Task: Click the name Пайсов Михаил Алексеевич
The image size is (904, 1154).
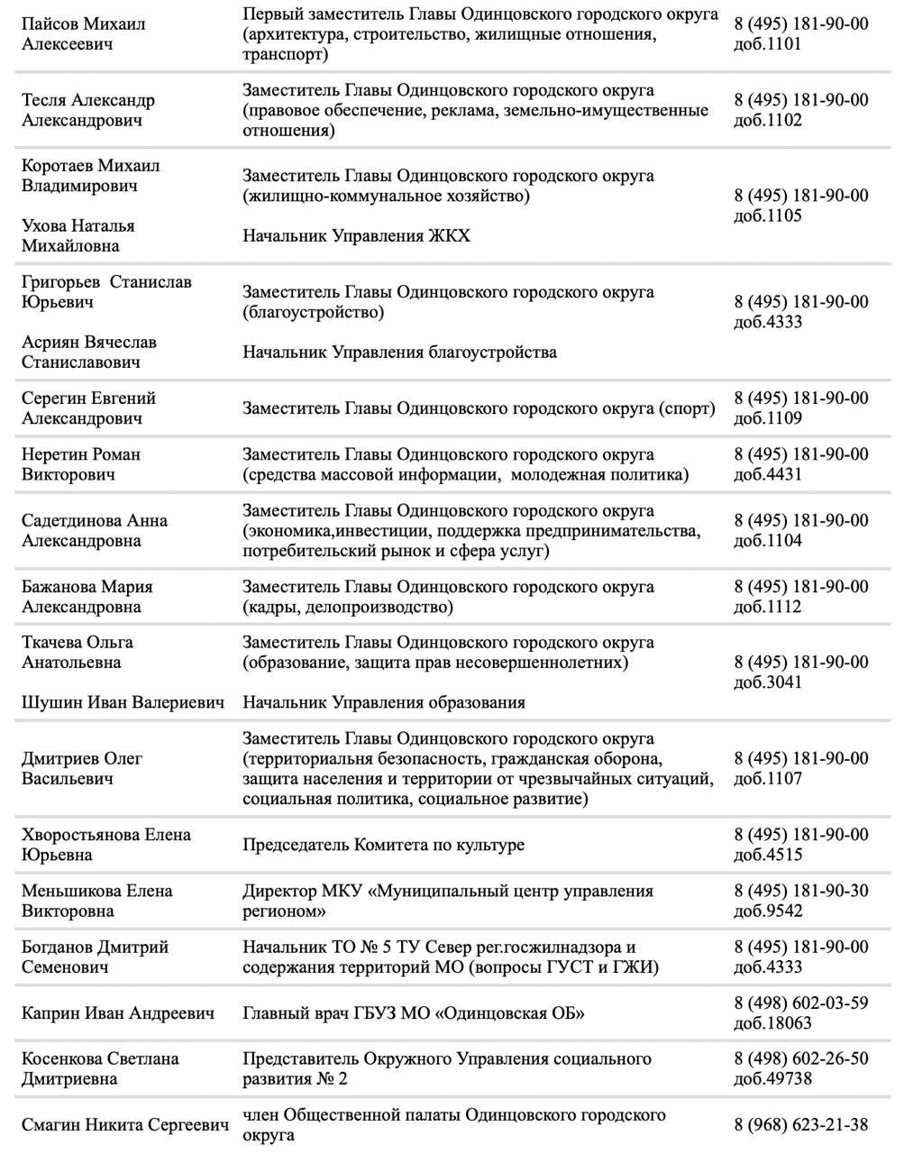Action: tap(83, 33)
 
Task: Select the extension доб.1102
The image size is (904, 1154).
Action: tap(768, 121)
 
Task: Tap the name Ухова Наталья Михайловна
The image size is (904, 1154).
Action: tap(78, 235)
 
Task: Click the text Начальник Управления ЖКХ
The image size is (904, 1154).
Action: tap(356, 236)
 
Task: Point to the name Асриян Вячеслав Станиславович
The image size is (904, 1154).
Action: tap(88, 353)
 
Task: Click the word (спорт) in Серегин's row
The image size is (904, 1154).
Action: tap(687, 408)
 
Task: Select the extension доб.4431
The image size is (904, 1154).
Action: tap(768, 475)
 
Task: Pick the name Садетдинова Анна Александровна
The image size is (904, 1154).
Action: tap(94, 530)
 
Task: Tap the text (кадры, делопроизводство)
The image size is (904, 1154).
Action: tap(348, 608)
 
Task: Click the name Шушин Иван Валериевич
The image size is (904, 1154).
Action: tap(123, 702)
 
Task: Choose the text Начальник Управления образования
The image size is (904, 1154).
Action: tap(383, 703)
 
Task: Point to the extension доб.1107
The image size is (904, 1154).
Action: tap(768, 779)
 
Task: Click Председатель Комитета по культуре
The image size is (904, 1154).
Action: tap(383, 845)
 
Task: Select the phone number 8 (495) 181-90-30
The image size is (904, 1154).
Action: tap(801, 891)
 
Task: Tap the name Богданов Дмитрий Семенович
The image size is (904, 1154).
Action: tap(95, 957)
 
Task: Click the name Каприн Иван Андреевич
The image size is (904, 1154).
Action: tap(118, 1013)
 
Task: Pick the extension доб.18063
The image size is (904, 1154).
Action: tap(772, 1023)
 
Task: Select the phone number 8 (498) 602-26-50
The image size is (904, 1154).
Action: tap(801, 1058)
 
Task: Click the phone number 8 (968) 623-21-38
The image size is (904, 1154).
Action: tap(801, 1124)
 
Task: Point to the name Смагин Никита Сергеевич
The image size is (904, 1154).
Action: tap(123, 1124)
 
